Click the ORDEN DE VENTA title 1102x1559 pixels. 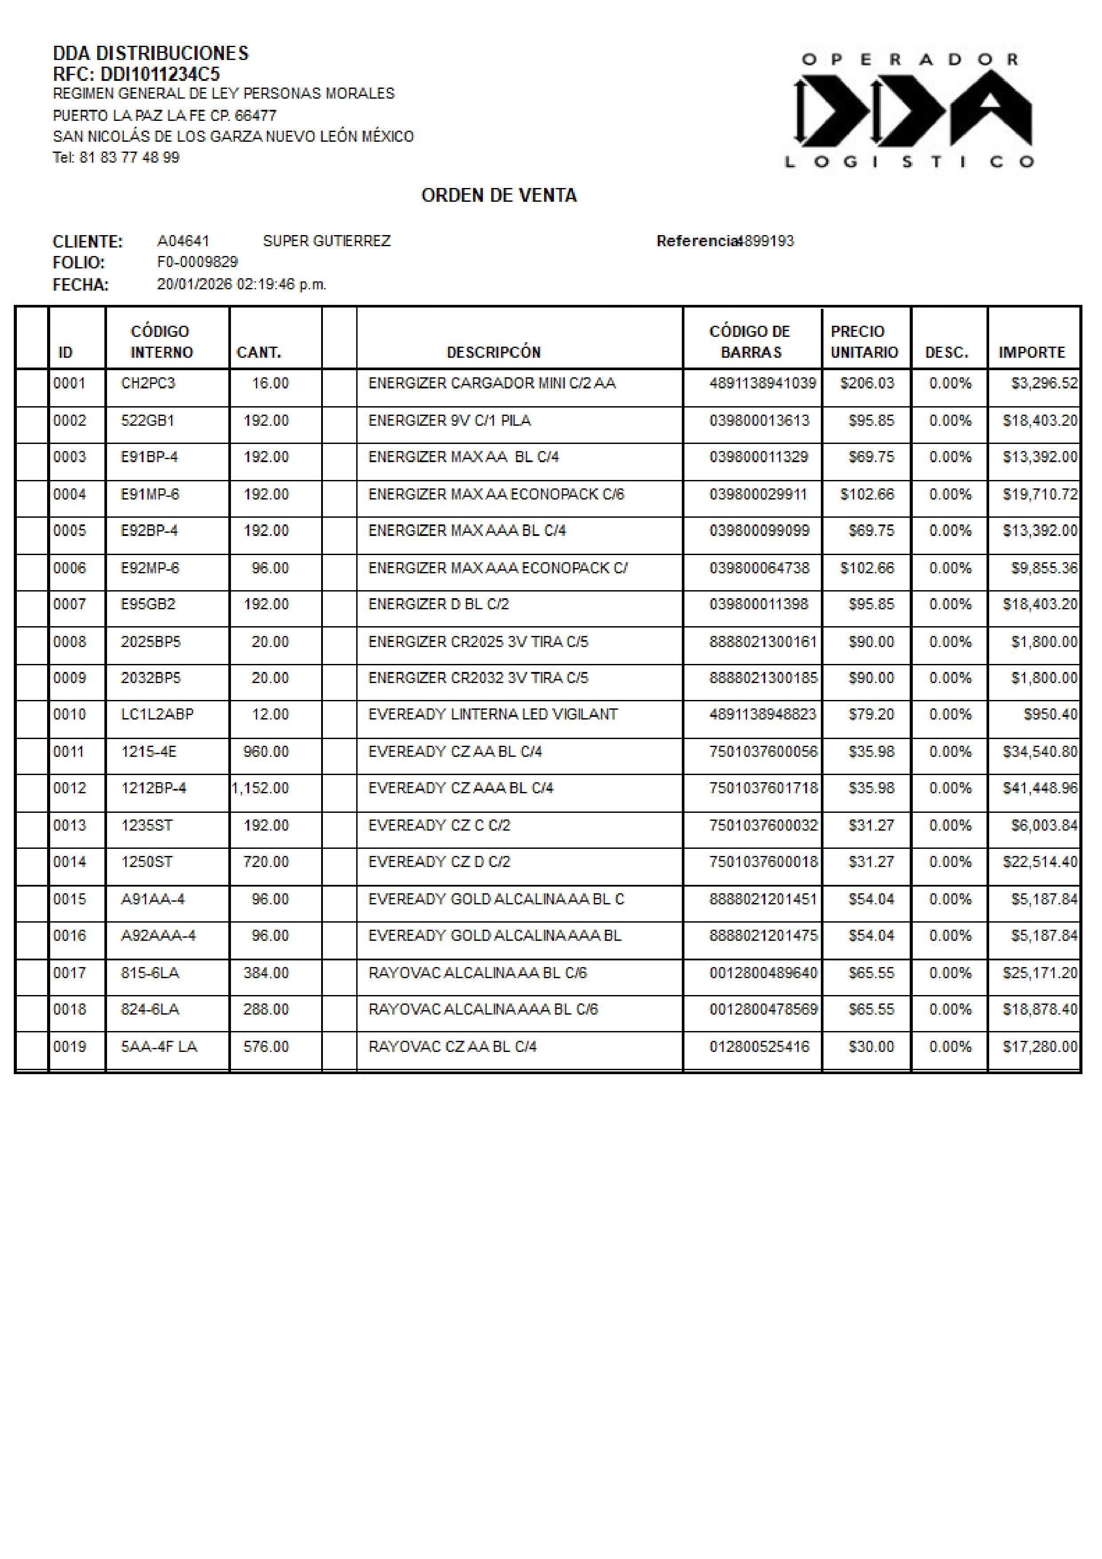(x=499, y=196)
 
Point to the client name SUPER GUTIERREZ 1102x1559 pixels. (x=326, y=241)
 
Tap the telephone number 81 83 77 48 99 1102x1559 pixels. (x=129, y=157)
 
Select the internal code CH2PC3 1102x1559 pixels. (x=148, y=383)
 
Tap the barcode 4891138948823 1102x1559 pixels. (x=763, y=714)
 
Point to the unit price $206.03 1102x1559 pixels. (x=867, y=383)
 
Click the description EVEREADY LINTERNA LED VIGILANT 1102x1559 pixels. (x=493, y=714)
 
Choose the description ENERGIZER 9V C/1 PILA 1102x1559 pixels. (x=449, y=420)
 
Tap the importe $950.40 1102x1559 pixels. (x=1050, y=714)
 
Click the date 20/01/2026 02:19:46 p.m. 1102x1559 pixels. (x=242, y=284)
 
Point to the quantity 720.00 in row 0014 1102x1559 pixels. (x=266, y=862)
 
